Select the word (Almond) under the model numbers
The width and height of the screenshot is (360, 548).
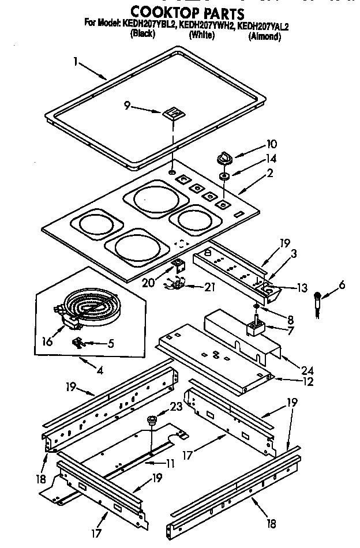tap(264, 37)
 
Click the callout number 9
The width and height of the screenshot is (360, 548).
tap(127, 106)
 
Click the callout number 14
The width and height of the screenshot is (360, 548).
tap(255, 158)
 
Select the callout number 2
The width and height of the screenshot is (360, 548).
tap(269, 172)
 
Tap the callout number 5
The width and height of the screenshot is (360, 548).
tap(111, 344)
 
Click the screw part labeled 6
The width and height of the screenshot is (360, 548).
tap(317, 302)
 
